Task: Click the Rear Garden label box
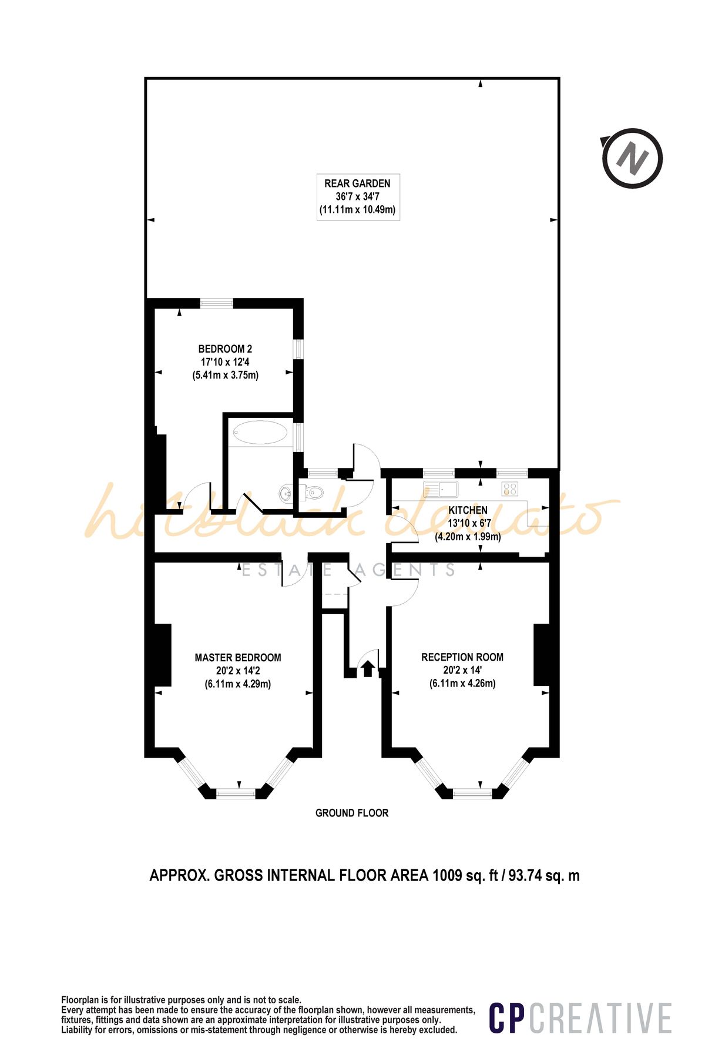pyautogui.click(x=358, y=197)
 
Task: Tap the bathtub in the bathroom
pyautogui.click(x=260, y=433)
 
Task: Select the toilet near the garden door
pyautogui.click(x=313, y=493)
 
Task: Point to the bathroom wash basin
pyautogui.click(x=286, y=493)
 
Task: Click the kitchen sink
pyautogui.click(x=441, y=488)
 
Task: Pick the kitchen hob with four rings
pyautogui.click(x=509, y=488)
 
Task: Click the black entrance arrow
pyautogui.click(x=368, y=668)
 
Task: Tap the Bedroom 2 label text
pyautogui.click(x=225, y=349)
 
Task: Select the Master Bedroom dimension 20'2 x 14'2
pyautogui.click(x=238, y=671)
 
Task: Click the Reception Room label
pyautogui.click(x=462, y=657)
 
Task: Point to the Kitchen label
pyautogui.click(x=468, y=510)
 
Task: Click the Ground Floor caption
pyautogui.click(x=352, y=813)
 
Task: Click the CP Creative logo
pyautogui.click(x=580, y=1018)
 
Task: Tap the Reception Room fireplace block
pyautogui.click(x=541, y=654)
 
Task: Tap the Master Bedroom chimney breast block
pyautogui.click(x=162, y=655)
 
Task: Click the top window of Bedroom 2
pyautogui.click(x=216, y=303)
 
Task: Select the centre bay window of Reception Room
pyautogui.click(x=472, y=793)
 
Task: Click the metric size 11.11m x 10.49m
pyautogui.click(x=358, y=210)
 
